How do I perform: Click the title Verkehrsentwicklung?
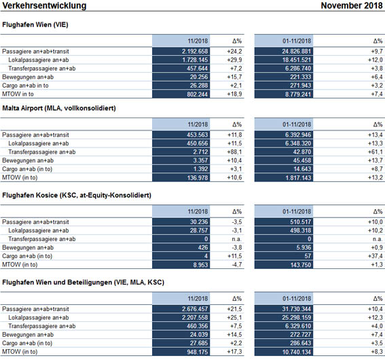44,5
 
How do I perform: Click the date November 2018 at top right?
352,5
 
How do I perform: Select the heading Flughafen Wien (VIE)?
35,24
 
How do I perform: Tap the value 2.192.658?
195,52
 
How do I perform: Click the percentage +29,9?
234,60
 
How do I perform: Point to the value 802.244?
197,94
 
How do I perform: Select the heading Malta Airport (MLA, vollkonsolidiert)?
59,108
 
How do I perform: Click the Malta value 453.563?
197,134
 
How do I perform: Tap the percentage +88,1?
234,152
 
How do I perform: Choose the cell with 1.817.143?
298,177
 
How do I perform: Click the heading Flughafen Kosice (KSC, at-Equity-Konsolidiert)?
77,195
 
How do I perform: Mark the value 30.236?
199,222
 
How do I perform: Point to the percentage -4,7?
237,265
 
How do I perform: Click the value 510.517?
301,222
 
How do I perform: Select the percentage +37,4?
375,256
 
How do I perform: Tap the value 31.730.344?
296,309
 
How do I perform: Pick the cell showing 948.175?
197,352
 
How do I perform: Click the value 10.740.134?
296,352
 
